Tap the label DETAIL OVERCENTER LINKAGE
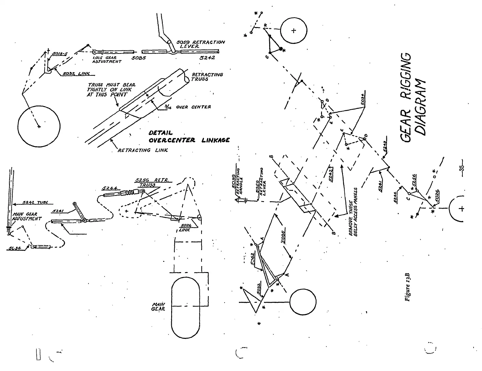click(189, 136)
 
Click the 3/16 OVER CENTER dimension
click(189, 107)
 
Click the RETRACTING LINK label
click(143, 150)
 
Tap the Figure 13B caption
click(408, 287)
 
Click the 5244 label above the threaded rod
click(109, 189)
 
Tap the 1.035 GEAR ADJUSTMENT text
click(107, 60)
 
